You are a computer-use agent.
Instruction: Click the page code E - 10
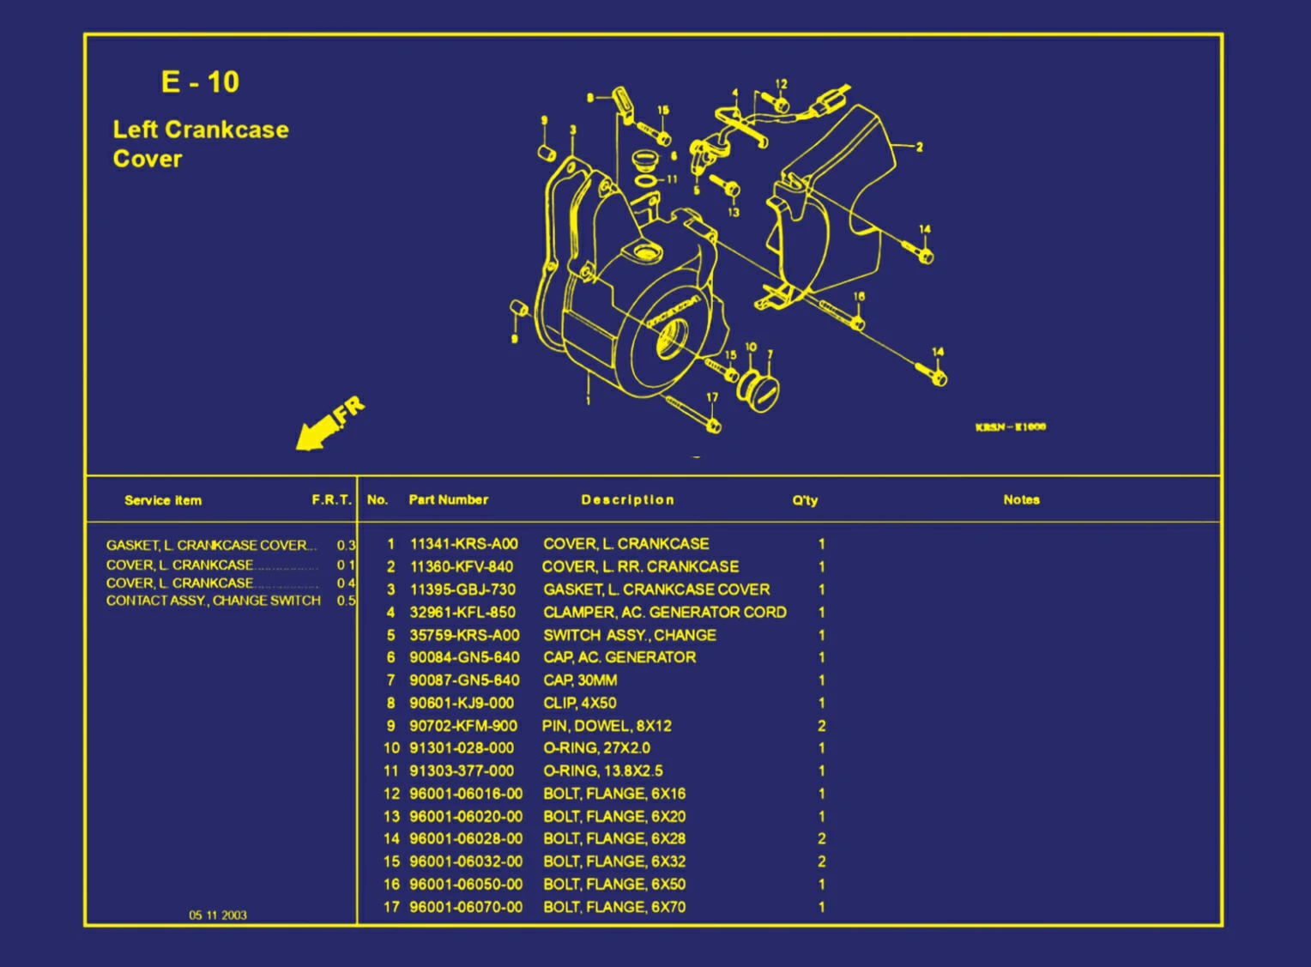[x=200, y=82]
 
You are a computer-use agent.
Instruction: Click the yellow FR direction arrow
[x=326, y=425]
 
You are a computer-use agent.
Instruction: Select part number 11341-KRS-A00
[x=463, y=544]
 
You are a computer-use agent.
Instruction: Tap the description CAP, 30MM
[x=580, y=680]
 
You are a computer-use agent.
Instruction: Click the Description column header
[x=627, y=499]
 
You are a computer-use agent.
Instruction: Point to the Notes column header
[x=1021, y=499]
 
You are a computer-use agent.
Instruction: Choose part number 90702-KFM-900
[x=463, y=726]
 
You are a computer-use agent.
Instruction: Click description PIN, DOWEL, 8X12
[x=607, y=726]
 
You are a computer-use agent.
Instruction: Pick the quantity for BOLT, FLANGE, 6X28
[x=821, y=839]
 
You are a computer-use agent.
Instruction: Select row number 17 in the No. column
[x=391, y=907]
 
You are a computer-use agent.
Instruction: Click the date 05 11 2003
[x=218, y=916]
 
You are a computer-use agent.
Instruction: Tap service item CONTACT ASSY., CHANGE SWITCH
[x=213, y=601]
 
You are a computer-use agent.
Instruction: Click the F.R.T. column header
[x=331, y=499]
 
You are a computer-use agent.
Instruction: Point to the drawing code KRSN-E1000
[x=1010, y=426]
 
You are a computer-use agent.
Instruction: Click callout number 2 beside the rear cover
[x=919, y=147]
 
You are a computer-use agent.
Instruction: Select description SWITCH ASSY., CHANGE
[x=630, y=635]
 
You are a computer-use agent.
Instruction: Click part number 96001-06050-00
[x=465, y=885]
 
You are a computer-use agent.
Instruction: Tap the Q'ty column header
[x=805, y=500]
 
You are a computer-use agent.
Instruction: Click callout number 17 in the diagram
[x=711, y=397]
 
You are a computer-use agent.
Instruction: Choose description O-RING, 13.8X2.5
[x=602, y=771]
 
